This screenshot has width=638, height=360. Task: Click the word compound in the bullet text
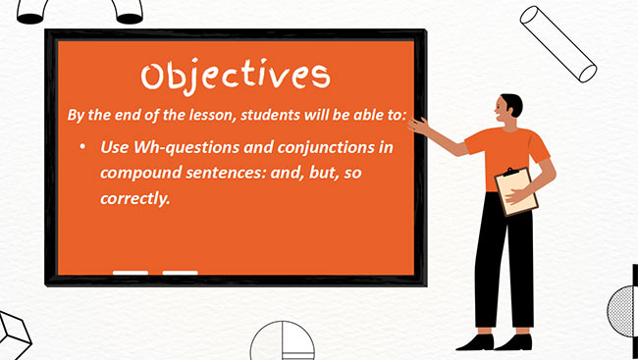pyautogui.click(x=138, y=173)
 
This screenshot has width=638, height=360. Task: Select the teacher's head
pyautogui.click(x=510, y=110)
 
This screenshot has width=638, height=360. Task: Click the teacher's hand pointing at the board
pyautogui.click(x=416, y=125)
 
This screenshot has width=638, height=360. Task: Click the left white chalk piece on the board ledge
pyautogui.click(x=131, y=272)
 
